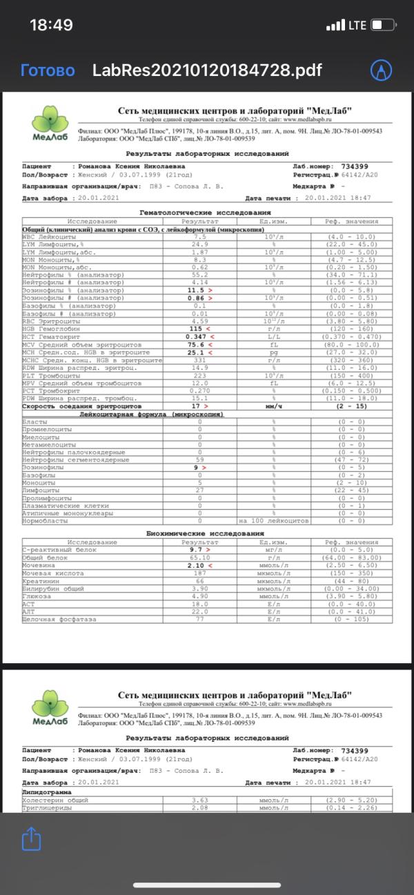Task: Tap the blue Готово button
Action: tap(48, 70)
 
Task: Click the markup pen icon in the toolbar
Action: tap(381, 70)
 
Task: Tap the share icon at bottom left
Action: tap(32, 838)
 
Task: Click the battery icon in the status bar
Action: tap(384, 26)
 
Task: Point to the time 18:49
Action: tap(51, 26)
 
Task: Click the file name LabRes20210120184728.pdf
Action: tap(207, 70)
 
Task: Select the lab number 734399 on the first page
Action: tap(355, 166)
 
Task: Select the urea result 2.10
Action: tap(199, 564)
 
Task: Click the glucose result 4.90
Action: tap(200, 596)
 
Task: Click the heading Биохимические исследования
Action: tap(206, 533)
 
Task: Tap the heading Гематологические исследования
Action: tap(205, 213)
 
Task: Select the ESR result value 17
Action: tap(197, 406)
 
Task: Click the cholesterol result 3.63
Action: tap(200, 799)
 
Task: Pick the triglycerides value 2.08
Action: tap(200, 807)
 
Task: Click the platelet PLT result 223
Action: tap(200, 375)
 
